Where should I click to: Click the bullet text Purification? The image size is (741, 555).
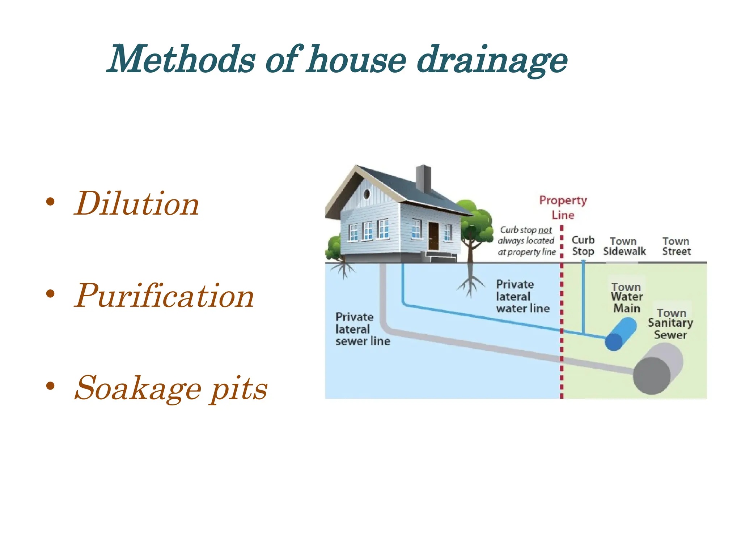point(164,296)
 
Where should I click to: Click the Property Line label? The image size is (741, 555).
point(563,207)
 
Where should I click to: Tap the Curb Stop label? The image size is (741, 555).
point(583,246)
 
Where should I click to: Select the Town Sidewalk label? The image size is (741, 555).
point(624,246)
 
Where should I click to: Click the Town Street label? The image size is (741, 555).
point(676,246)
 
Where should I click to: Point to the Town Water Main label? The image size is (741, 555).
point(627,298)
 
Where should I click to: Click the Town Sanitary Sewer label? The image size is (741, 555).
point(671,324)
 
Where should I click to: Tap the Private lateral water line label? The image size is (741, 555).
point(522,296)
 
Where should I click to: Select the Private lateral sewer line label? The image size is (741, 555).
point(363,329)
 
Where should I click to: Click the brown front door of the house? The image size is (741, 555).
point(433,236)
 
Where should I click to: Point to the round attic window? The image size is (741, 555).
point(367,194)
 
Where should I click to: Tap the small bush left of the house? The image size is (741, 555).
point(333,248)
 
